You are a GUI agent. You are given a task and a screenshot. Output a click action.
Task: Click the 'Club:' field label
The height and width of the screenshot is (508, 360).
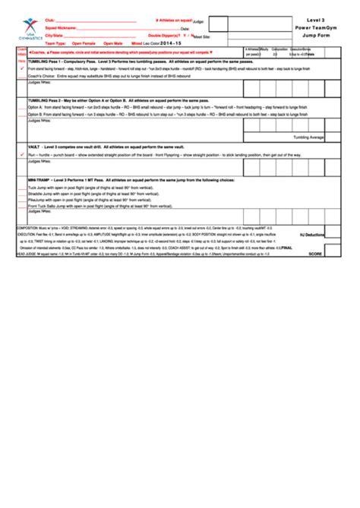point(50,21)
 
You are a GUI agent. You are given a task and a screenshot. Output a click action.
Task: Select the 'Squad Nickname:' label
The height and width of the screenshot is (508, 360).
point(62,28)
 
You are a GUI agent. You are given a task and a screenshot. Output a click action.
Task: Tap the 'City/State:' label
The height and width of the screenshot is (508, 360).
point(55,36)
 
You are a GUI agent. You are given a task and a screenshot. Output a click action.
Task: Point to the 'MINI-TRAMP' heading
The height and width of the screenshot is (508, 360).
point(42,180)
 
